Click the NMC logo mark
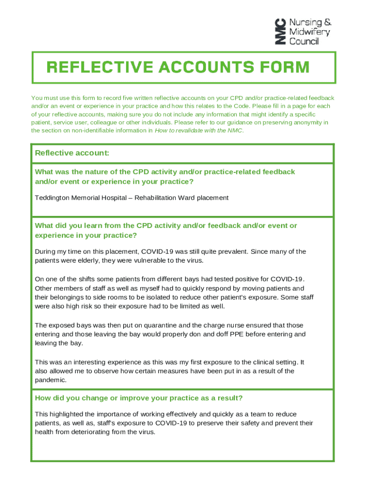[x=280, y=32]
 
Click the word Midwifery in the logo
[x=309, y=32]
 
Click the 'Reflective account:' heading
[x=72, y=153]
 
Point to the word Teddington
[x=53, y=198]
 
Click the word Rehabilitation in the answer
[x=156, y=198]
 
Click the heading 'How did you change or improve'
[x=138, y=398]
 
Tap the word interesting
[x=92, y=362]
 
